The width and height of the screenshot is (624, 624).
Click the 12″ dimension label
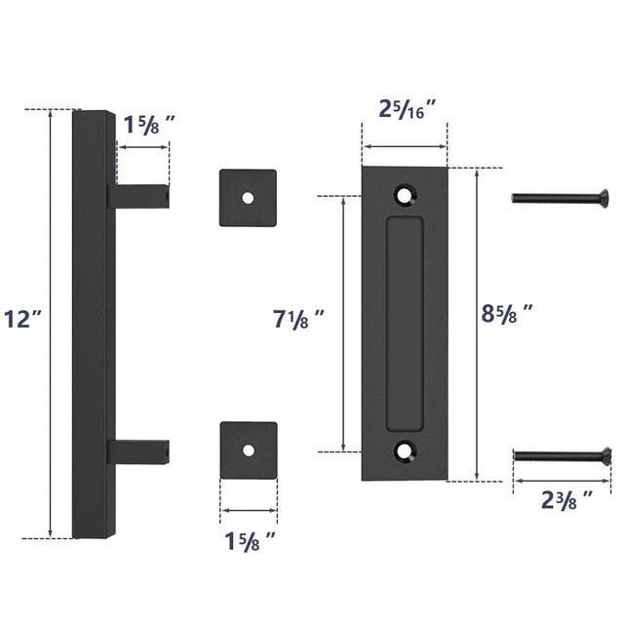coord(20,319)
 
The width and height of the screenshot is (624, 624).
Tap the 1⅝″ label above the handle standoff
coord(149,124)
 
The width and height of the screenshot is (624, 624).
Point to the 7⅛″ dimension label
coord(298,318)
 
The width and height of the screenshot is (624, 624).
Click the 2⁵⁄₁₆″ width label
coord(407,108)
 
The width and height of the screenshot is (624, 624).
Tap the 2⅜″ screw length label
coord(567,501)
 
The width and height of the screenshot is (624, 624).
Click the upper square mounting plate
coord(248,198)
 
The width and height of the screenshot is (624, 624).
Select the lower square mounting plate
coord(248,450)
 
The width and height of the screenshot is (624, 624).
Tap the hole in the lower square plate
coord(248,451)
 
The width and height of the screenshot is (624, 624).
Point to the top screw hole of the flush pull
coord(405,195)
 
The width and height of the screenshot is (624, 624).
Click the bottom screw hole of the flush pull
coord(405,450)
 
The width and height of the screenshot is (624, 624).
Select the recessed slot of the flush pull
coord(405,324)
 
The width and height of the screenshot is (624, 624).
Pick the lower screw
coord(562,454)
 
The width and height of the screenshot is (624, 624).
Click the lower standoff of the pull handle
coord(142,451)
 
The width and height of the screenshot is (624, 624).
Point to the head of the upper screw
coord(606,198)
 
